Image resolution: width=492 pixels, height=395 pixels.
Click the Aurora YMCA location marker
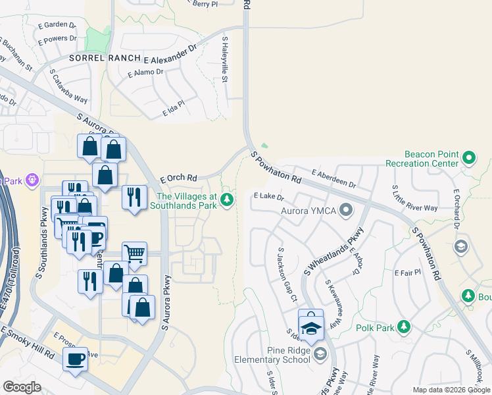pyautogui.click(x=347, y=211)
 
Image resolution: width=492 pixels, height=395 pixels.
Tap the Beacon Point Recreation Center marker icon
pyautogui.click(x=468, y=157)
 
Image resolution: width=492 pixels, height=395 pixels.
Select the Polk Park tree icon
pyautogui.click(x=403, y=327)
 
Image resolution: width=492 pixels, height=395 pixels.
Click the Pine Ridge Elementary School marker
pyautogui.click(x=320, y=355)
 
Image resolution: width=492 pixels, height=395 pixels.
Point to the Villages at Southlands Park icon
pyautogui.click(x=227, y=199)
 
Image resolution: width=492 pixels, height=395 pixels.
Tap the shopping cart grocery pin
pyautogui.click(x=134, y=252)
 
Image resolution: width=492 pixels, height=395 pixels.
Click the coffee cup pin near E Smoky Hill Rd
pyautogui.click(x=75, y=359)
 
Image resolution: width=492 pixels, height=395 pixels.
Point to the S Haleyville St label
pyautogui.click(x=225, y=60)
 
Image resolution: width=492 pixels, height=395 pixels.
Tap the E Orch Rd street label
pyautogui.click(x=179, y=178)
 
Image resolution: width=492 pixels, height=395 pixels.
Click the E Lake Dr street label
pyautogui.click(x=268, y=196)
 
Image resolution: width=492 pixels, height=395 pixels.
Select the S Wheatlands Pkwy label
pyautogui.click(x=333, y=252)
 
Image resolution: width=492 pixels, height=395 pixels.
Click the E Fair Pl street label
pyautogui.click(x=407, y=272)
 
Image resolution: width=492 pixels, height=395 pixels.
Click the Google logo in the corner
pyautogui.click(x=22, y=387)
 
